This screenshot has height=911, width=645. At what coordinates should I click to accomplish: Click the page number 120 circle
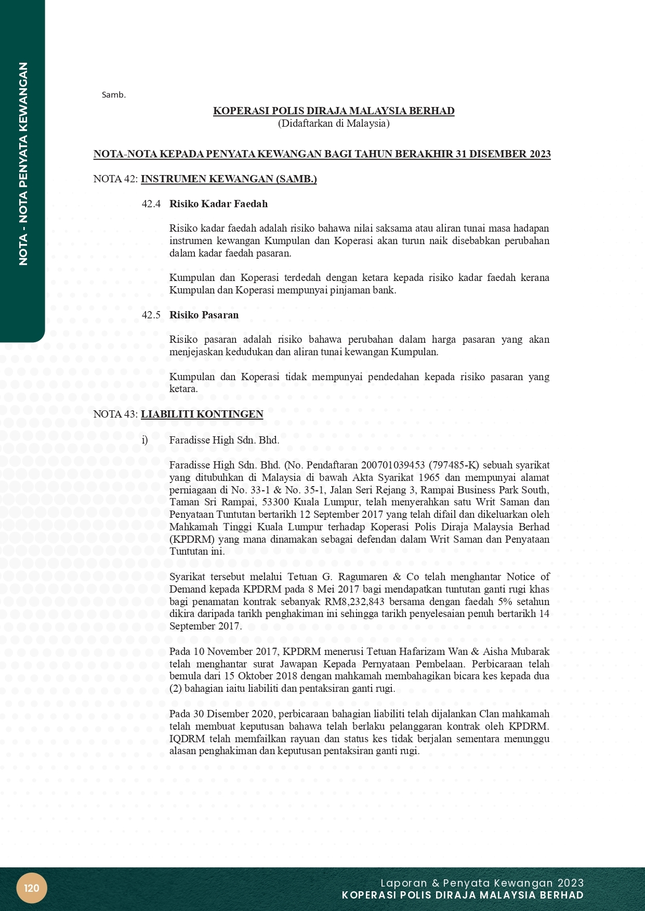click(x=32, y=888)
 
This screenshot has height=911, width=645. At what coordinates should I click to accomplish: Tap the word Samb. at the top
click(x=114, y=95)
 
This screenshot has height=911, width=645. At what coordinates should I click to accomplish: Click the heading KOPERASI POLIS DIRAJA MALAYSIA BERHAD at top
click(x=334, y=111)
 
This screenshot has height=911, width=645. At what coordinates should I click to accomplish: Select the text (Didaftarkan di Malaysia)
click(x=334, y=124)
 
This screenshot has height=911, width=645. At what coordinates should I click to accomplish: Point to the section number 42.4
click(x=151, y=204)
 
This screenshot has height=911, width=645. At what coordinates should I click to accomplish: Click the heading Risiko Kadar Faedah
click(x=218, y=204)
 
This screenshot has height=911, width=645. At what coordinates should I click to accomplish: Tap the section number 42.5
click(x=151, y=315)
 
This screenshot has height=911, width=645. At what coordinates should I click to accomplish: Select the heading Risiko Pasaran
click(x=204, y=315)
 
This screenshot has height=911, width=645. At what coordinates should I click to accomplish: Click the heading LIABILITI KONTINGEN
click(x=202, y=414)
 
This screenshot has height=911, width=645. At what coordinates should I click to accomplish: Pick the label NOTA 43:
click(x=115, y=414)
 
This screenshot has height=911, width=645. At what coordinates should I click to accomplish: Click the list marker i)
click(x=145, y=440)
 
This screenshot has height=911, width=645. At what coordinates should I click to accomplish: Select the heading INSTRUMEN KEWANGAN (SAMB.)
click(x=229, y=179)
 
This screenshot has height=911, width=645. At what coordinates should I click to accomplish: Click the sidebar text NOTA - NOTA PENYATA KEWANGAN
click(x=23, y=164)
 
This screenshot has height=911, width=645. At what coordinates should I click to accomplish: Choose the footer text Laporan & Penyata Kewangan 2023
click(x=482, y=883)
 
